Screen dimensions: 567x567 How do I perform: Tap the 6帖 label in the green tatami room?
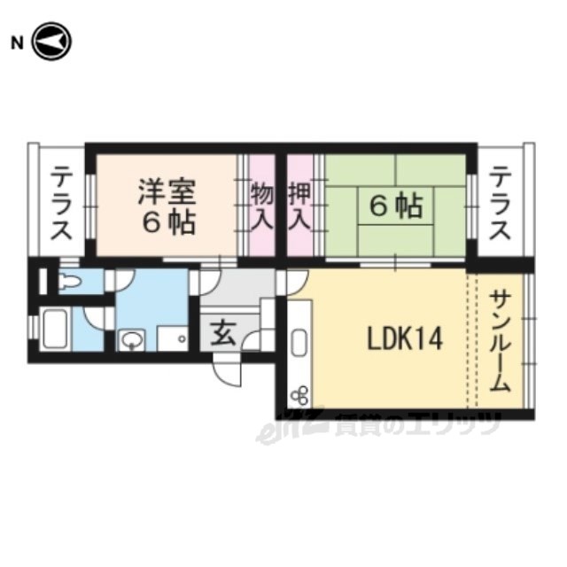point(395,207)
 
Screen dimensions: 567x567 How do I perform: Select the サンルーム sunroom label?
point(501,341)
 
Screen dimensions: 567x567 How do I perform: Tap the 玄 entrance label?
point(222,334)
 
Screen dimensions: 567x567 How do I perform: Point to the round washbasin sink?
point(131,338)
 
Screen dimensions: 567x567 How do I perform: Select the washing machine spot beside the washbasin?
point(172,338)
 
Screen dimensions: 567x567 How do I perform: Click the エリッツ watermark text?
point(416,426)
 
